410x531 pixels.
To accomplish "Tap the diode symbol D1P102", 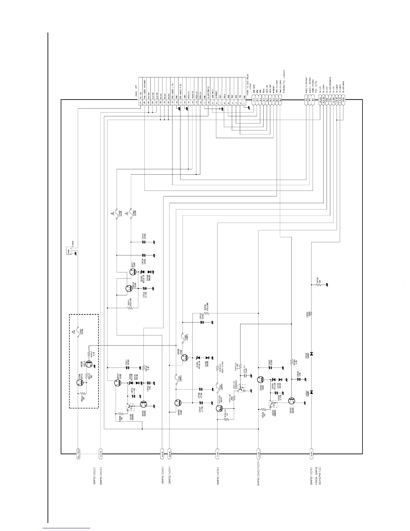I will [312, 354].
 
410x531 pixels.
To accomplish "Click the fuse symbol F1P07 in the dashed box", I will [78, 332].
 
